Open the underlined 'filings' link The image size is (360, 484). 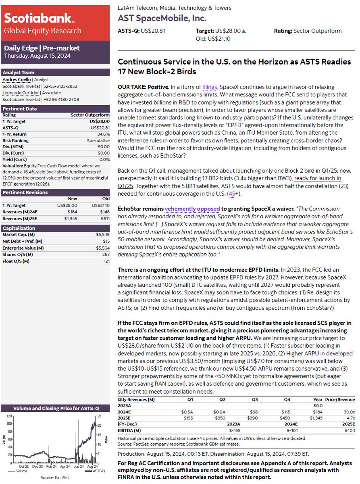click(x=209, y=87)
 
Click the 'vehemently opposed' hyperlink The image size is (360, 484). click(x=192, y=209)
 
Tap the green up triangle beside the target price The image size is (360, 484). click(x=243, y=31)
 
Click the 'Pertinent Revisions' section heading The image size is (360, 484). click(x=25, y=192)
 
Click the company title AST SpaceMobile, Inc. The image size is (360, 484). click(x=162, y=18)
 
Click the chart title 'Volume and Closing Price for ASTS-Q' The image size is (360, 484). click(x=56, y=408)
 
